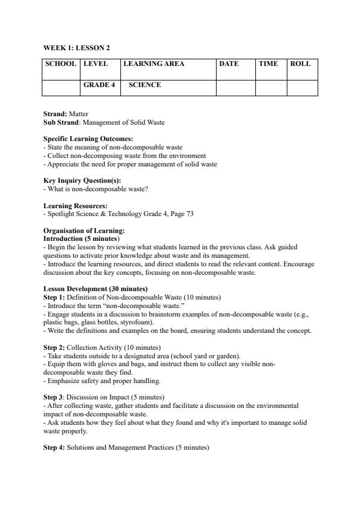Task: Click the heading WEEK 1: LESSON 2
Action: (x=76, y=47)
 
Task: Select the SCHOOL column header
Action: (x=61, y=64)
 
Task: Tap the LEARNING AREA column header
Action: (x=154, y=64)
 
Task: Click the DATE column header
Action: (x=229, y=64)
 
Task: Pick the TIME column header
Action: (x=268, y=64)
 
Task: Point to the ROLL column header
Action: (x=300, y=64)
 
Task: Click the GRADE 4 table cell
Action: (x=99, y=85)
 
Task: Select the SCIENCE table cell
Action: (x=145, y=85)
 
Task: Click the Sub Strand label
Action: (x=62, y=122)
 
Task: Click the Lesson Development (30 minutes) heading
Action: (x=96, y=289)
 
